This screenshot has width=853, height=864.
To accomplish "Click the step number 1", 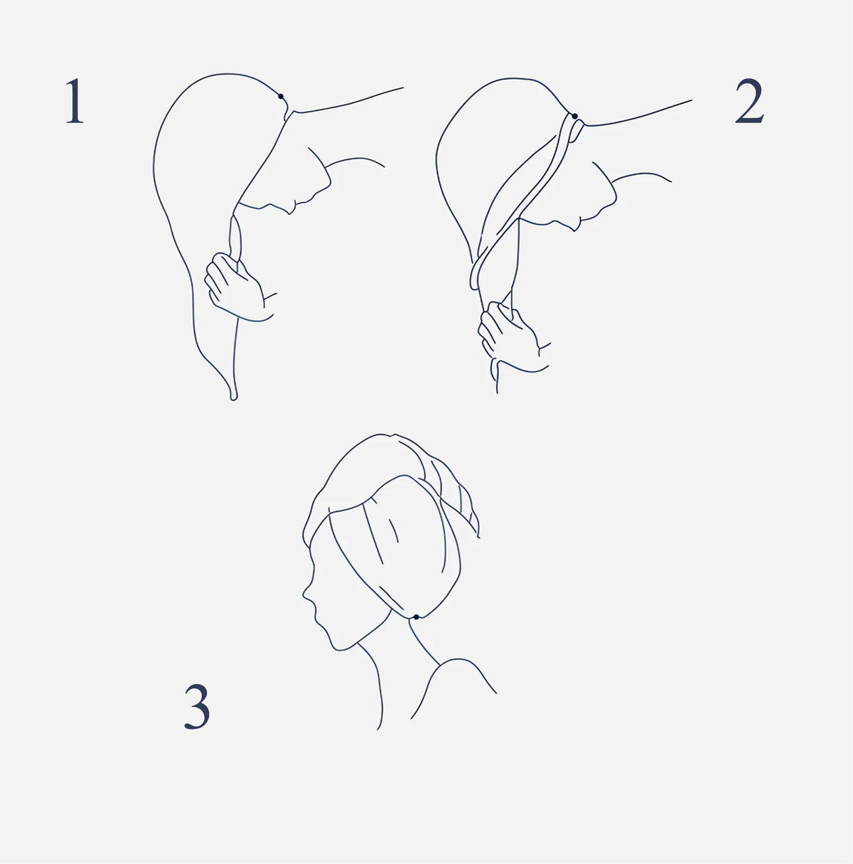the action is coord(75,101).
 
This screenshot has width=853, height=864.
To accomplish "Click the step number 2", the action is coord(749,101).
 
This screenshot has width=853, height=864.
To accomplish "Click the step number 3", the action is coord(197,706).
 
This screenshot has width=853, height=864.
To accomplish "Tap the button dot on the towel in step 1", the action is coord(281,97).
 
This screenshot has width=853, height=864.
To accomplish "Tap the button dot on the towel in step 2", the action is coord(574,117).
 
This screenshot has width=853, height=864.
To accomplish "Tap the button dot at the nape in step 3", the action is coord(416,617).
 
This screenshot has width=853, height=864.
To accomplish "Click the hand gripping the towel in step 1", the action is coord(237,287).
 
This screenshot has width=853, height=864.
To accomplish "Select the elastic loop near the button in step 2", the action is coord(576,132).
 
